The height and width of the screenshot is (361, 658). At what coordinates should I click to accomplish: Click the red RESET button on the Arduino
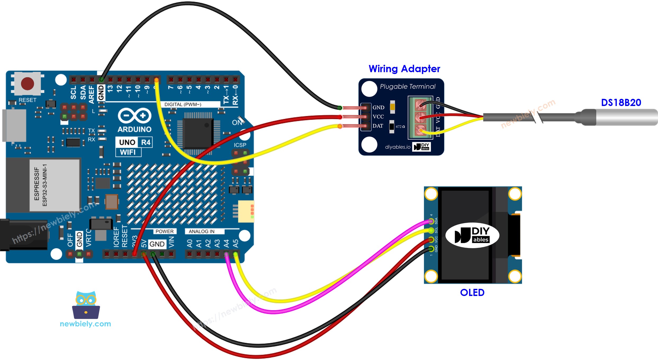click(28, 84)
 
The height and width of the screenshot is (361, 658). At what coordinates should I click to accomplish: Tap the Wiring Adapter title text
click(404, 69)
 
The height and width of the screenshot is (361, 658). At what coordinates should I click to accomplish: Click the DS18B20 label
click(621, 103)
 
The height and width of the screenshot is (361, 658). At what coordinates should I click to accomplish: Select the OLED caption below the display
click(472, 293)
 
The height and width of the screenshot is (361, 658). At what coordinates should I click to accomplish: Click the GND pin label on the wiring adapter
click(378, 108)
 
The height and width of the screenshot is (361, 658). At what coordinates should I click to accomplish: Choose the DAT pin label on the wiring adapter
click(378, 126)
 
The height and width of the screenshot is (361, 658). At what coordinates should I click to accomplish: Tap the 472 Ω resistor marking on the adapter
click(400, 127)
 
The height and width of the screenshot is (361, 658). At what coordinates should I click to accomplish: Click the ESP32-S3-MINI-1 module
click(54, 185)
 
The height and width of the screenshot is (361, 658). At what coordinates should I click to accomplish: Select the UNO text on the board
click(127, 142)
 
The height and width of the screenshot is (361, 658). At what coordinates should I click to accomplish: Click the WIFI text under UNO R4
click(128, 152)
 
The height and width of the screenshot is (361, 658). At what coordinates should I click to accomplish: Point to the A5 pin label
click(235, 243)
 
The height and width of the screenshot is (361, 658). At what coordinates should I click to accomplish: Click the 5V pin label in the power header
click(143, 243)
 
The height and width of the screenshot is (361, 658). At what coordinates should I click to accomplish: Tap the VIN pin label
click(172, 242)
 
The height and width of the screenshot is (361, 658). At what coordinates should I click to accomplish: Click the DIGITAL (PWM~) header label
click(183, 105)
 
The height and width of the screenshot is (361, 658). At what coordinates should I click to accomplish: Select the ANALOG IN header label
click(201, 232)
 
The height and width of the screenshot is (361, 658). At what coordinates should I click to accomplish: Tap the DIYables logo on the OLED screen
click(472, 235)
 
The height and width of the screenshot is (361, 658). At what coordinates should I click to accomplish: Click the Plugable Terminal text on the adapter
click(407, 87)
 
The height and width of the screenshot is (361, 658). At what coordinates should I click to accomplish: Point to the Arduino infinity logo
click(134, 116)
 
